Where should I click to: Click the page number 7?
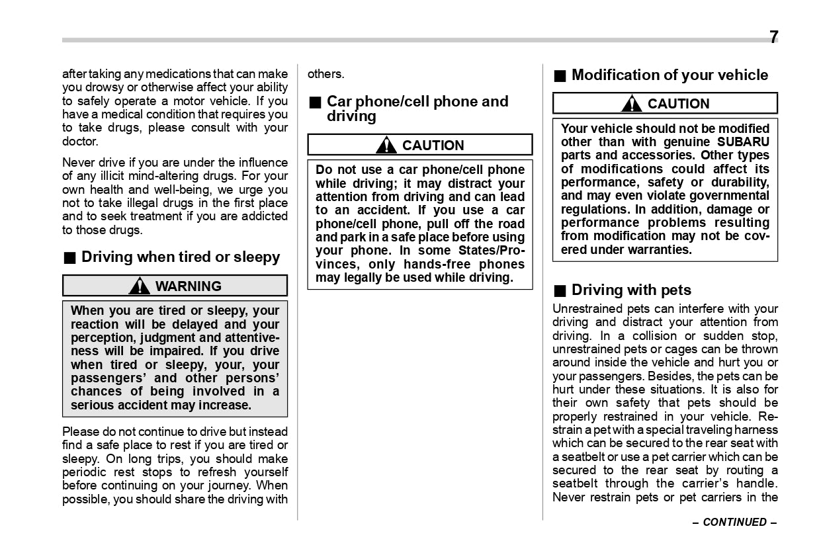click(773, 37)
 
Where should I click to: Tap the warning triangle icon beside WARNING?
click(140, 286)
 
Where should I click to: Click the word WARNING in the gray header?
click(189, 286)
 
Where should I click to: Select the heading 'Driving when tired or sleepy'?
click(181, 257)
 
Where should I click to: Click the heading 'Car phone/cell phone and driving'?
click(417, 109)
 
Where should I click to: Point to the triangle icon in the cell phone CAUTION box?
click(386, 146)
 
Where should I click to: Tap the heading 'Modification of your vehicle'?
click(670, 75)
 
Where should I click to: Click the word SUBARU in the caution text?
click(744, 142)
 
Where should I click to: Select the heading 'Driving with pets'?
click(631, 290)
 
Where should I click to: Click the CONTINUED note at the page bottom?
click(734, 523)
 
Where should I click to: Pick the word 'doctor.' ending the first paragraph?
click(80, 142)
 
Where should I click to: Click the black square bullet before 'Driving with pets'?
click(560, 290)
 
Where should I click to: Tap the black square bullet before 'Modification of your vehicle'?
click(560, 75)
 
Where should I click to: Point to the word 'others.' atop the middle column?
click(325, 74)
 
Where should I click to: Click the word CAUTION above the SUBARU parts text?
click(678, 104)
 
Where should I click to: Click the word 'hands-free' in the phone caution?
click(443, 265)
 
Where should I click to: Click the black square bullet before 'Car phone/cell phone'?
click(315, 103)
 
